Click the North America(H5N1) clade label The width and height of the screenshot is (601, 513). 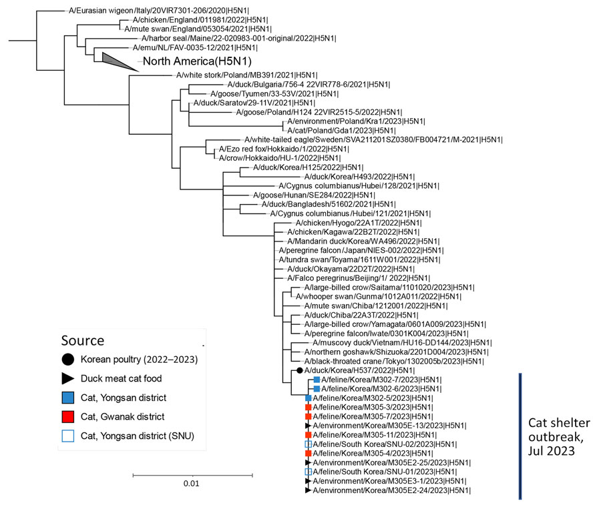tap(197, 61)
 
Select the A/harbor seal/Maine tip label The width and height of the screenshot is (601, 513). tap(239, 38)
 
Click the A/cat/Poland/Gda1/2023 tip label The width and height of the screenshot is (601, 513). tap(341, 131)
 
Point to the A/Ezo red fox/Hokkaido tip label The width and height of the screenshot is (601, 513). tap(284, 149)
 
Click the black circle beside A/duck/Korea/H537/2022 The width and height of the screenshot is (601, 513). tap(300, 371)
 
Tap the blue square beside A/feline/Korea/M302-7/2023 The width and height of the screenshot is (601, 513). tap(317, 380)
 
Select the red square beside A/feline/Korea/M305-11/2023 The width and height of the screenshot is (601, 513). tap(308, 435)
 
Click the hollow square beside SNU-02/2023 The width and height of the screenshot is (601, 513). tap(308, 444)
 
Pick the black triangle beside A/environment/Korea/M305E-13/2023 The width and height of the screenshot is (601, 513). tap(308, 426)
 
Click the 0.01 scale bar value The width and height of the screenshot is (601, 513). tap(191, 484)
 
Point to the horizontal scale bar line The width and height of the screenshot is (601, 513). tap(192, 476)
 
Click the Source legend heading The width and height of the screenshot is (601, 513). tap(83, 341)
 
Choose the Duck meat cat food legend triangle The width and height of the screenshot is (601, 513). tap(68, 379)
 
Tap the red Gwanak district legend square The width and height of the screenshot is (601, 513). tap(68, 417)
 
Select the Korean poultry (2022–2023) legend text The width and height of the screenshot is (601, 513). tap(139, 360)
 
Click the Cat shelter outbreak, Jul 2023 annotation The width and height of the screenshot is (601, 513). tap(559, 436)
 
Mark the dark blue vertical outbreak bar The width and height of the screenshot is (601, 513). tap(520, 436)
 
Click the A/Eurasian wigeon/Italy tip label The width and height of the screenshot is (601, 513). tap(159, 11)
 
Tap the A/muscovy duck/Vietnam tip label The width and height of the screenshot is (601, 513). tap(402, 343)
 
